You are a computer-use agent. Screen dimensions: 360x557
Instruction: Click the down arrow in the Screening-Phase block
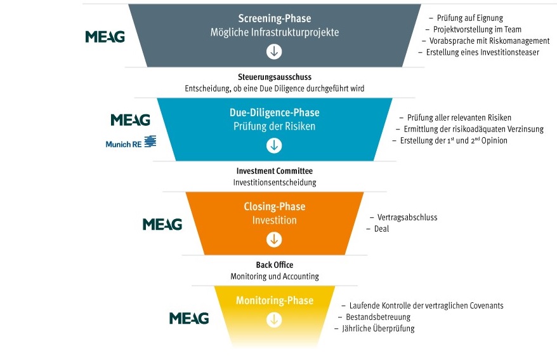click(x=274, y=51)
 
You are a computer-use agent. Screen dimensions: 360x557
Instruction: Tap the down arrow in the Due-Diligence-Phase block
click(x=274, y=145)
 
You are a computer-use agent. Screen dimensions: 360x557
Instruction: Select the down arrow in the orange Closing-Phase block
click(x=274, y=239)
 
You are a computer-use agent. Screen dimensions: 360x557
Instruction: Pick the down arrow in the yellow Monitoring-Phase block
click(x=274, y=319)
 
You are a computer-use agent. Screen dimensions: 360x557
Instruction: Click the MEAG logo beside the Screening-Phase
click(x=105, y=37)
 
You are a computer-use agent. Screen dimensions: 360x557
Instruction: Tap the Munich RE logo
click(x=131, y=143)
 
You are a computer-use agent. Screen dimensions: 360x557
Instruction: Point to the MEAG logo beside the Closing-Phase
click(x=162, y=224)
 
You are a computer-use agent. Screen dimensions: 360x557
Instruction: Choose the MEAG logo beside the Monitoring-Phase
click(x=189, y=318)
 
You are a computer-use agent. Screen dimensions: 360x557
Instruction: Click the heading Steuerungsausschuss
click(x=274, y=77)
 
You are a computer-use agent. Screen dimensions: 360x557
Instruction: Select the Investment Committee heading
click(x=274, y=171)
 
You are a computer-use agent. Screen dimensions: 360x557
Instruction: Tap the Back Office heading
click(x=274, y=265)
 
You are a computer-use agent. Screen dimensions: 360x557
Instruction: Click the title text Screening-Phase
click(x=274, y=18)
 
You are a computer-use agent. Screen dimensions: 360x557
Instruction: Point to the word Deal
click(x=381, y=229)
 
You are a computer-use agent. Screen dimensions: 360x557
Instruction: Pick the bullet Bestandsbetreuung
click(x=378, y=317)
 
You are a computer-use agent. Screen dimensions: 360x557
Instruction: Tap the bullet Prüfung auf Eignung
click(x=470, y=18)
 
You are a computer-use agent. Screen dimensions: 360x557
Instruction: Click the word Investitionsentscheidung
click(x=274, y=182)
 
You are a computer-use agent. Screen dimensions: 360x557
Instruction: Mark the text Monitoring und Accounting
click(x=274, y=276)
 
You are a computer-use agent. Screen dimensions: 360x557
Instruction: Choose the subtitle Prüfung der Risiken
click(x=274, y=126)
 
